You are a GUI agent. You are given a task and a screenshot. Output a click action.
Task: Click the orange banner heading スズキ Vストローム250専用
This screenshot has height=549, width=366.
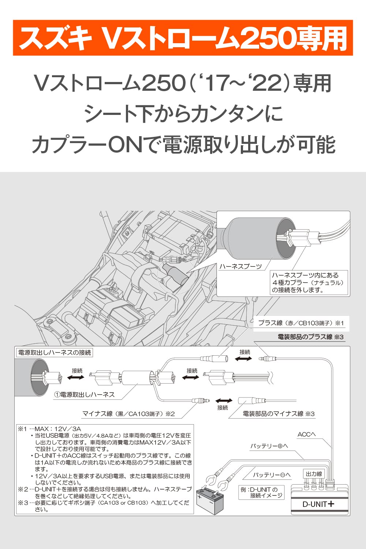183,38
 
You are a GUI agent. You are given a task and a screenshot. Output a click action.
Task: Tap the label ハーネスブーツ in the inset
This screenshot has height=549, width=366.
240,266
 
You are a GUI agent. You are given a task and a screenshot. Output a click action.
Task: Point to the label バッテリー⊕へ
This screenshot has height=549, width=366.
269,446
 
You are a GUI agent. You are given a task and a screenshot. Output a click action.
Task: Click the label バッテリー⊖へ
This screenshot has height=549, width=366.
272,475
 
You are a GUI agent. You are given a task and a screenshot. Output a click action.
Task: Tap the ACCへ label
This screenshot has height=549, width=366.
306,434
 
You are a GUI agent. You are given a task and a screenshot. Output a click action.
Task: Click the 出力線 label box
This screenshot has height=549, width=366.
314,474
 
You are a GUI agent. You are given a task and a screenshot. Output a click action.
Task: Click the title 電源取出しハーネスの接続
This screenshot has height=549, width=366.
55,352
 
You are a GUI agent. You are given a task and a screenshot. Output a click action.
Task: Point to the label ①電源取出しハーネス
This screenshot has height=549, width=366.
85,395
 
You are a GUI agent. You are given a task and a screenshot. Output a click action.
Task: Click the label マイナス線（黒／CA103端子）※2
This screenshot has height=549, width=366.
128,414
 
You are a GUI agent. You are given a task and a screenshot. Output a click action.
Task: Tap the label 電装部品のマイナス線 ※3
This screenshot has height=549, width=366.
279,414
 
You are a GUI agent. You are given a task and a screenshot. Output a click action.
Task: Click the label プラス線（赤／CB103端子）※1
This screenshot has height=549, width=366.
301,323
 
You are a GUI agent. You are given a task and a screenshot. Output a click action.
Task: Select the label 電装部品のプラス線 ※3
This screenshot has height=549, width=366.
310,337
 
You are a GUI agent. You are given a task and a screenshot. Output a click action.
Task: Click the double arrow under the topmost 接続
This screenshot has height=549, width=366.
244,359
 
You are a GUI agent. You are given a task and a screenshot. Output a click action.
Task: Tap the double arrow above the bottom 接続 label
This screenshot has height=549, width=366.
224,401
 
